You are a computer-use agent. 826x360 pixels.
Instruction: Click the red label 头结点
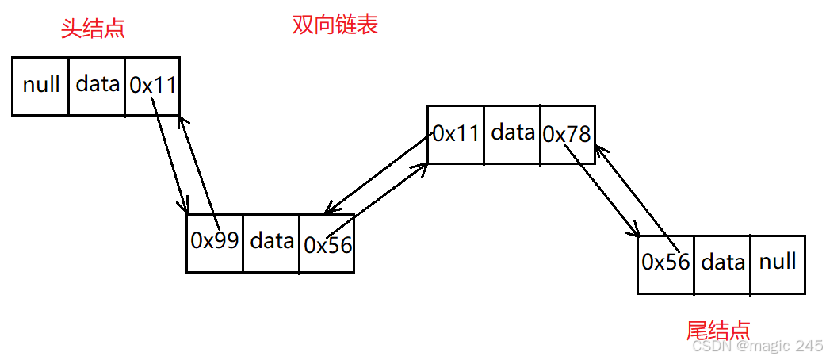[x=93, y=29]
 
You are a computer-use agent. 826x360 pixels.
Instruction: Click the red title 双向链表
[x=335, y=25]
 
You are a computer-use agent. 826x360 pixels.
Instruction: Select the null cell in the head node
[x=40, y=85]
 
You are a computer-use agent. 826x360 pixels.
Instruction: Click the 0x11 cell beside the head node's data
[x=152, y=85]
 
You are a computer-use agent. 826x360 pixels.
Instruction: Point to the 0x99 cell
[x=214, y=241]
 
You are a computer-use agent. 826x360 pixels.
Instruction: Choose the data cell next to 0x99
[x=271, y=241]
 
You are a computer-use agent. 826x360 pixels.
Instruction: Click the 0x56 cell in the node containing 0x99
[x=327, y=243]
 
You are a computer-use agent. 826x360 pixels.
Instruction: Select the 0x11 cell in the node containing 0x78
[x=456, y=133]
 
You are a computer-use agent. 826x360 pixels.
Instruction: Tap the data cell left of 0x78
[x=512, y=133]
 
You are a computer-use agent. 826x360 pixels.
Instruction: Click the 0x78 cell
[x=567, y=135]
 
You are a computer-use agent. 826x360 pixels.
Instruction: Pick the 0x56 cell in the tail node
[x=666, y=262]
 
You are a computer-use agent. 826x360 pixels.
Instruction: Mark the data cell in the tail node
[x=722, y=262]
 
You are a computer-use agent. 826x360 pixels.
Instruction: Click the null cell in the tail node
[x=777, y=262]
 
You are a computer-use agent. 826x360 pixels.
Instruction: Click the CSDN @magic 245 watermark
[x=757, y=347]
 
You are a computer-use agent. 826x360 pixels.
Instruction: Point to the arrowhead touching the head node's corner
[x=182, y=119]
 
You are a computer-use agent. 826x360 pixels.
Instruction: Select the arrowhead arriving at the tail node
[x=636, y=234]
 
